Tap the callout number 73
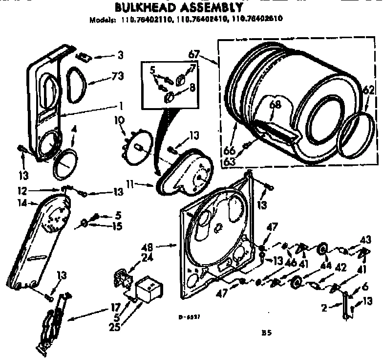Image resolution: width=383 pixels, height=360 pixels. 117,76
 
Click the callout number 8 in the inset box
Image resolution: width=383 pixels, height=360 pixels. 191,89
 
